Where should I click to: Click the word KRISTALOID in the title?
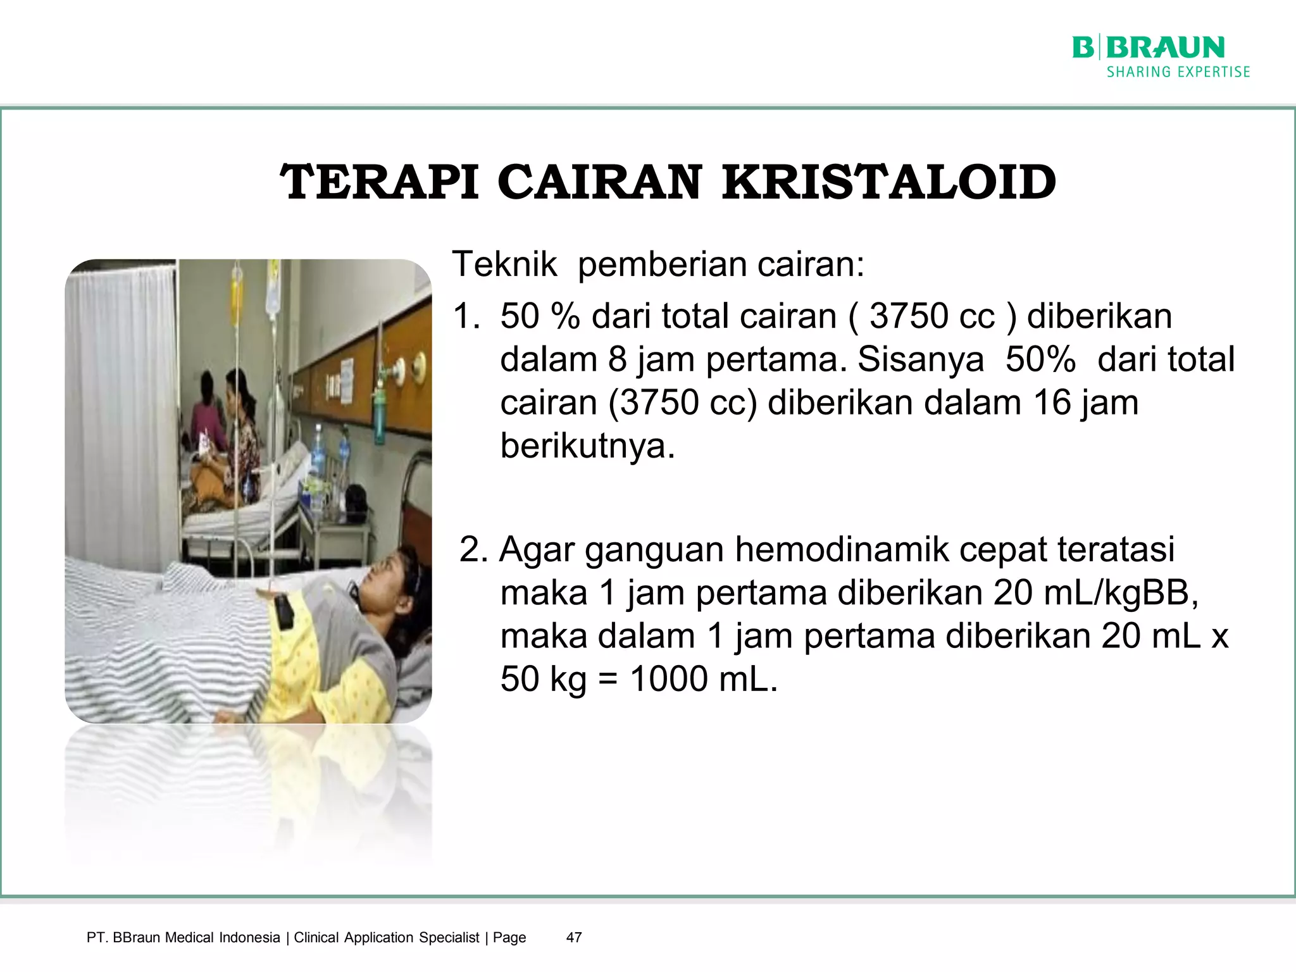tap(888, 182)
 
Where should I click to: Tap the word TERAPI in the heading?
tap(380, 182)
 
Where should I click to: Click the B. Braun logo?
tap(1148, 48)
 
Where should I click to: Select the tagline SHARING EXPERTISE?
tap(1178, 72)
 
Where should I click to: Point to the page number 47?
tap(573, 937)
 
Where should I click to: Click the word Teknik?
tap(504, 264)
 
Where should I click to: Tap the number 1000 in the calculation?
tap(669, 679)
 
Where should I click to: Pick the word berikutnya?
tap(587, 446)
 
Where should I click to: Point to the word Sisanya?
tap(920, 359)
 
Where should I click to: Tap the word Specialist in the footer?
tap(449, 937)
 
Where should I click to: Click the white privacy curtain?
tap(120, 411)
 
